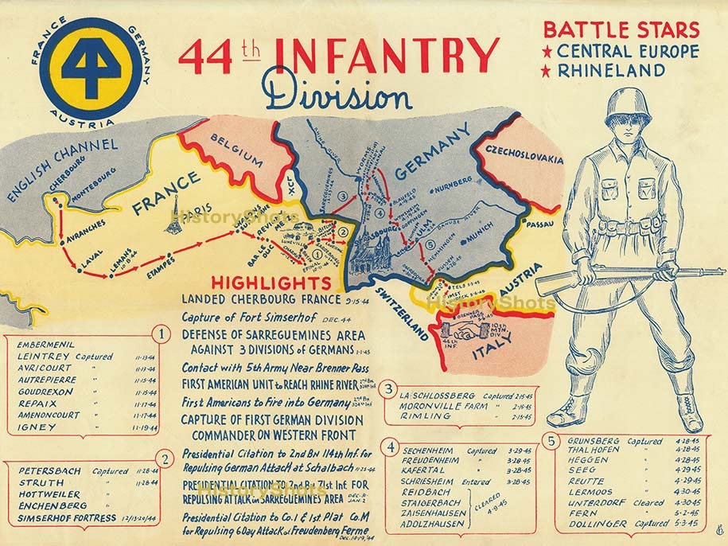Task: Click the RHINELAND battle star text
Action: point(622,71)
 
